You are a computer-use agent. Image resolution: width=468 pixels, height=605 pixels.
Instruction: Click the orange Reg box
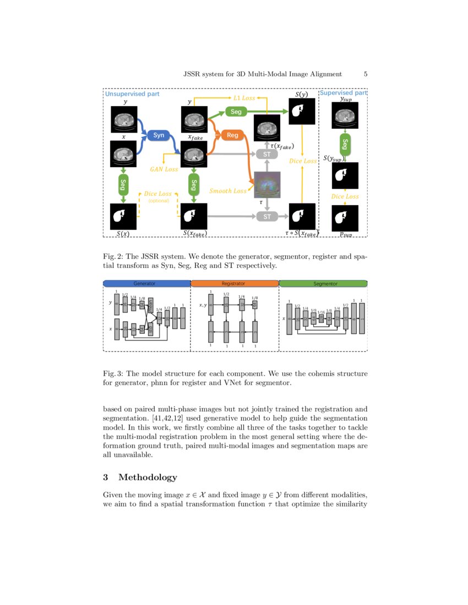tap(232, 135)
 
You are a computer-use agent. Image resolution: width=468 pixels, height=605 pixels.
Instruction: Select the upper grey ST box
tap(267, 155)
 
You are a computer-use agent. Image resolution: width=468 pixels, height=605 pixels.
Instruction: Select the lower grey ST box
tap(267, 217)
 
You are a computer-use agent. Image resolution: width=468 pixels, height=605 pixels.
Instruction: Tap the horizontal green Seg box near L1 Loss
tap(236, 112)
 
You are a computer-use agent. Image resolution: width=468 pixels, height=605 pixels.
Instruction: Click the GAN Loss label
tap(164, 169)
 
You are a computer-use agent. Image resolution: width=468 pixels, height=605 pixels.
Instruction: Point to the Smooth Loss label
tap(228, 191)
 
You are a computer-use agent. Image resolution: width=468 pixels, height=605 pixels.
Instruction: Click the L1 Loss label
tap(244, 98)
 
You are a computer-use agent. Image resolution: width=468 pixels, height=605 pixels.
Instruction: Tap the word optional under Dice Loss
tap(159, 201)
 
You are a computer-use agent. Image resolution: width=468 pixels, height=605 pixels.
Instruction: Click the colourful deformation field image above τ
tap(267, 185)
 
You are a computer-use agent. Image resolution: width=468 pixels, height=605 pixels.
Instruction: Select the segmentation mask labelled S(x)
tap(123, 217)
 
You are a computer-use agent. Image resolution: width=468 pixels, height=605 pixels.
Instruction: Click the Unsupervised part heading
tap(132, 94)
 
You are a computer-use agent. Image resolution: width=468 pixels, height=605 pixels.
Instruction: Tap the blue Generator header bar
tap(146, 284)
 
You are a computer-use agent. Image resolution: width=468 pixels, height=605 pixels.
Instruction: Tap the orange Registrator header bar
tap(235, 284)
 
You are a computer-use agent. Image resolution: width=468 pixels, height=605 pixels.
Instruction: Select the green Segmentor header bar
tap(323, 284)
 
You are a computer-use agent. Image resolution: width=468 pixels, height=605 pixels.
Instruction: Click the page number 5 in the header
tap(366, 74)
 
